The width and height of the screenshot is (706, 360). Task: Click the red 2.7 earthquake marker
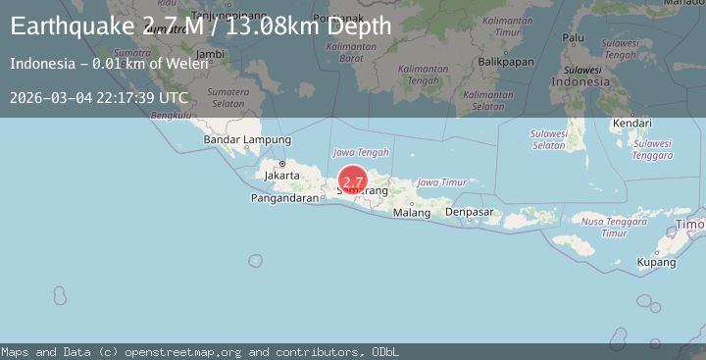pos(353,181)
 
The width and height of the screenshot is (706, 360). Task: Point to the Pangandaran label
pos(283,197)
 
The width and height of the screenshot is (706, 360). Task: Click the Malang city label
pos(411,213)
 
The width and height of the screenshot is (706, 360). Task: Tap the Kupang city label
pos(656,263)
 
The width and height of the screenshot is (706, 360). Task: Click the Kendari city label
pos(632,124)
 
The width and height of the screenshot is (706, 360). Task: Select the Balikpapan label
pos(507,61)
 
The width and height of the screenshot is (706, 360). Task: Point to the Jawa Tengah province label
pos(361,152)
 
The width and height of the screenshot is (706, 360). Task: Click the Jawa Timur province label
pos(441,182)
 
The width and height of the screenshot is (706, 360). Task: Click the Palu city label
pos(575,39)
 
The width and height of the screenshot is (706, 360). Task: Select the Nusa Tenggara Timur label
pos(613,228)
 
